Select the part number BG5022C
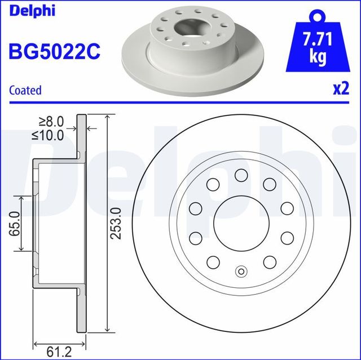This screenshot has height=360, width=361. pyautogui.click(x=54, y=52)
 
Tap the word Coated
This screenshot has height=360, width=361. pyautogui.click(x=25, y=90)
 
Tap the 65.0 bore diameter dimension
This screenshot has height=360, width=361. pyautogui.click(x=15, y=224)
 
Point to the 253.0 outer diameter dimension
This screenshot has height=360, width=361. pyautogui.click(x=116, y=224)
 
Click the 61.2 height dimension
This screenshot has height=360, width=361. pyautogui.click(x=59, y=352)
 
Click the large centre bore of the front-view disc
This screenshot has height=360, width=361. pyautogui.click(x=241, y=223)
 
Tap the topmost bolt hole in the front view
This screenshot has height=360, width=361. pyautogui.click(x=241, y=175)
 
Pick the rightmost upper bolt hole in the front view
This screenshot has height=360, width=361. pyautogui.click(x=287, y=208)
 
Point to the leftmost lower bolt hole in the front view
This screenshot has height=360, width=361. pyautogui.click(x=195, y=238)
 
